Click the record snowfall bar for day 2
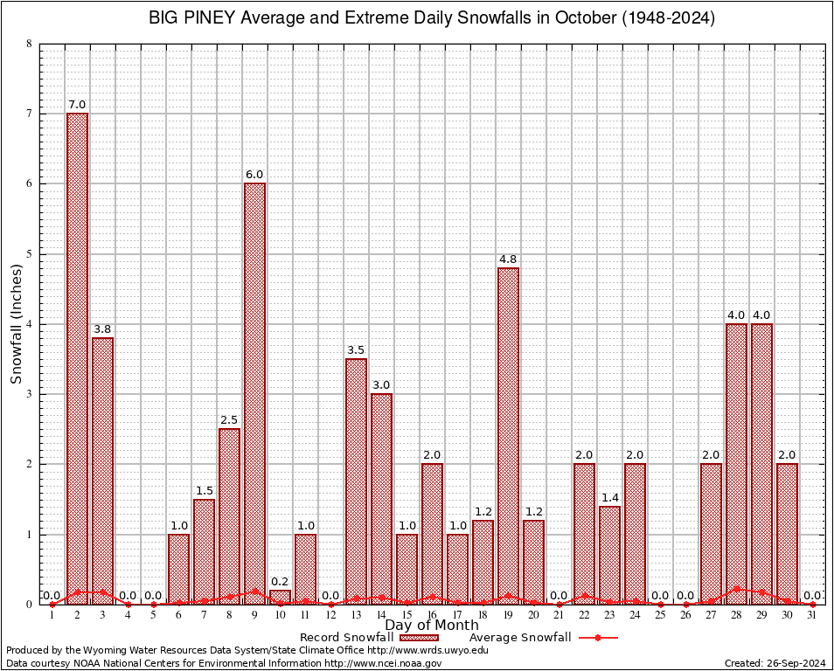click(77, 358)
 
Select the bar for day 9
click(254, 393)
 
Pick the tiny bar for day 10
click(280, 598)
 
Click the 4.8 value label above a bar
click(508, 259)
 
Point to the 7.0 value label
click(77, 105)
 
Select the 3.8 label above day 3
click(102, 329)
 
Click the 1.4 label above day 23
click(609, 498)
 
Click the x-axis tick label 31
click(812, 615)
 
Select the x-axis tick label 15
click(407, 615)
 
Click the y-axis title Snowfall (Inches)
click(17, 324)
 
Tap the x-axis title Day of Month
click(432, 626)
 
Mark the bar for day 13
click(356, 481)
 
